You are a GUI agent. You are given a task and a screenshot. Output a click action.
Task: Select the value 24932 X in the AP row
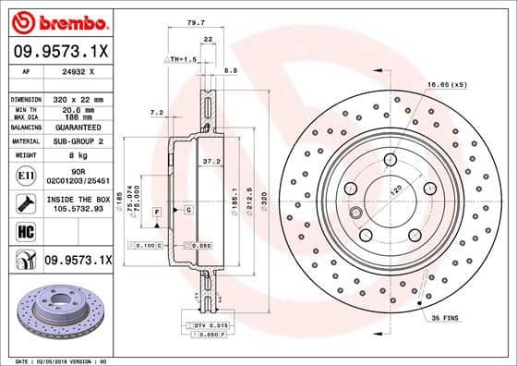tap(78, 71)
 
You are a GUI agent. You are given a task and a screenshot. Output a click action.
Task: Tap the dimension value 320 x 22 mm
tap(78, 98)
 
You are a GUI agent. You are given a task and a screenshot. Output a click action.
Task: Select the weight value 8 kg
tap(78, 156)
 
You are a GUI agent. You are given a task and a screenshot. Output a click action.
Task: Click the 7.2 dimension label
tap(156, 113)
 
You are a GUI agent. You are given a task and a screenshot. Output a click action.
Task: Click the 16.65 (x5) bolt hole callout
tap(447, 84)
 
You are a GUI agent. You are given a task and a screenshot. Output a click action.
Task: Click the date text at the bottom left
tap(57, 360)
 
